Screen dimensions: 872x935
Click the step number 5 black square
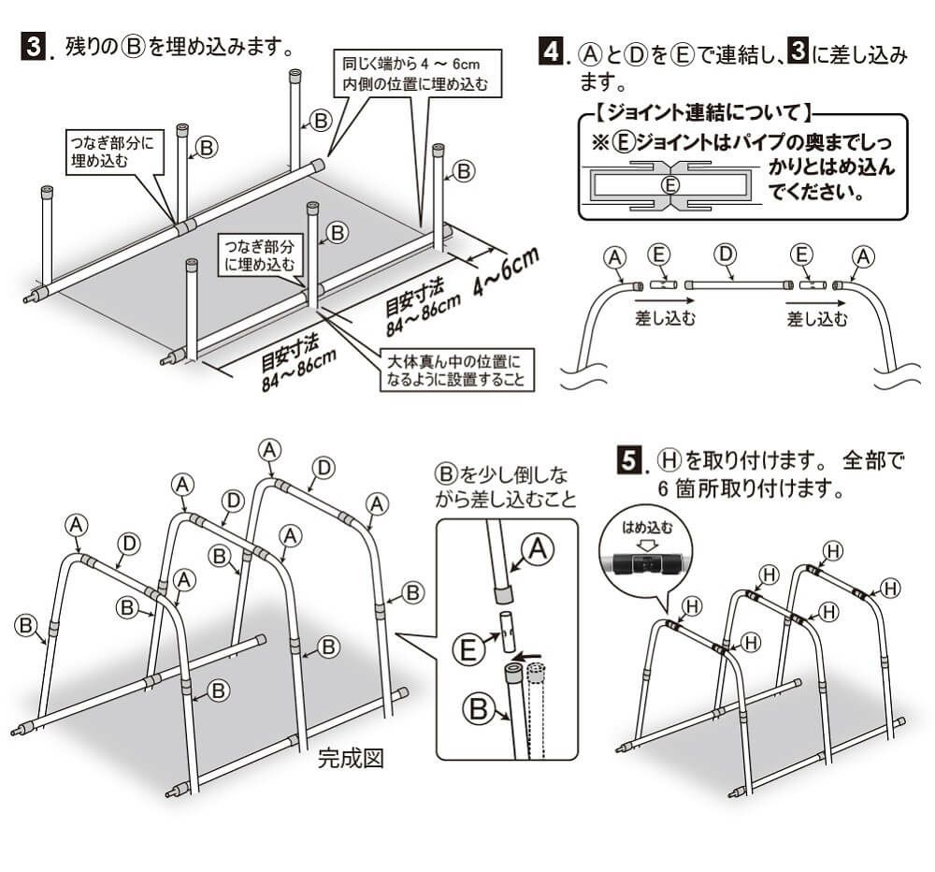click(x=633, y=461)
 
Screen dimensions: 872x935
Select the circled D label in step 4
click(x=724, y=254)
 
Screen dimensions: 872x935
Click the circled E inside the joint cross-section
click(x=669, y=184)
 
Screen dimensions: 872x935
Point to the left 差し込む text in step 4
click(x=664, y=318)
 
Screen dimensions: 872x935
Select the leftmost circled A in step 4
click(x=614, y=254)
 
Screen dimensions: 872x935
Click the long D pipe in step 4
click(x=735, y=283)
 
